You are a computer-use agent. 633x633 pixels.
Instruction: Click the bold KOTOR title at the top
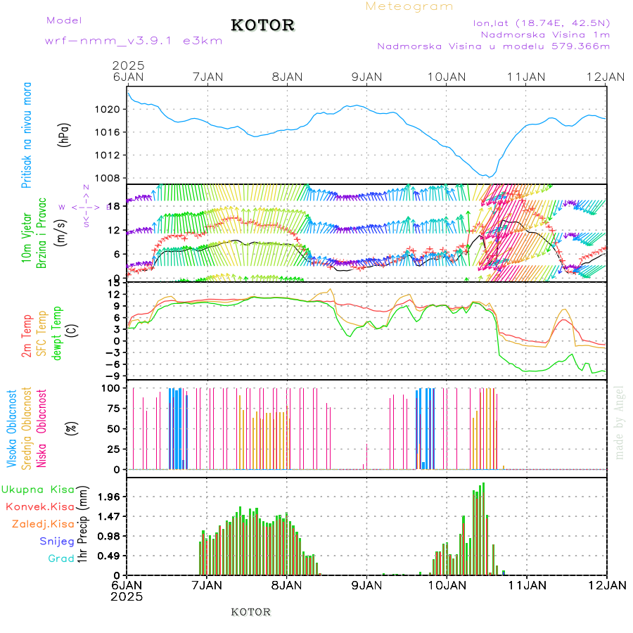262,25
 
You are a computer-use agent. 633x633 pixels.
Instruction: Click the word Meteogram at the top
409,6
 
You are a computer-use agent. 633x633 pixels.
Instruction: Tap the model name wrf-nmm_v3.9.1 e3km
134,41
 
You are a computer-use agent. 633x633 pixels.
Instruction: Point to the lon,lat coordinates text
542,23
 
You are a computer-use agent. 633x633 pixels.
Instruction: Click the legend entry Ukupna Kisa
38,489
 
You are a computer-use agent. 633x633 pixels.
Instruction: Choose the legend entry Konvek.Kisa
39,506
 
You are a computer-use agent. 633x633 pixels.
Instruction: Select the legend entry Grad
61,558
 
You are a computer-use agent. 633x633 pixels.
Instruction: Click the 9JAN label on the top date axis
366,77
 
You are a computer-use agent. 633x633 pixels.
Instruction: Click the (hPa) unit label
65,134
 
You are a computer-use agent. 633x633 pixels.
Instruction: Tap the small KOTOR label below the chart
250,612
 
